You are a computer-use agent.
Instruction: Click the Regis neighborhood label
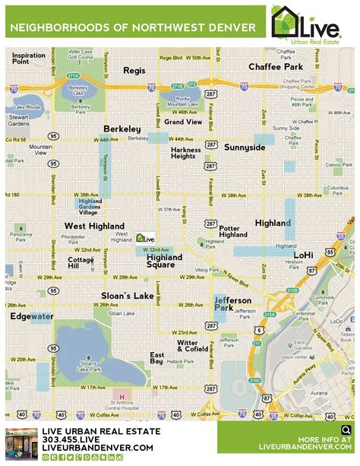pos(134,70)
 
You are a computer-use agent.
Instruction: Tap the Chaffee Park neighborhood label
pos(276,67)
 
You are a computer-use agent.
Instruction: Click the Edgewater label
pos(31,315)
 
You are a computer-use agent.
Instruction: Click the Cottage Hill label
pos(80,262)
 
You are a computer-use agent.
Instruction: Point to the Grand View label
pos(183,122)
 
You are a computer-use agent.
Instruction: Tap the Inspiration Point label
pos(28,59)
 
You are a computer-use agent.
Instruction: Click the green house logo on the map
pos(144,238)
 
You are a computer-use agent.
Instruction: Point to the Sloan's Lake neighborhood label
pos(128,296)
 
